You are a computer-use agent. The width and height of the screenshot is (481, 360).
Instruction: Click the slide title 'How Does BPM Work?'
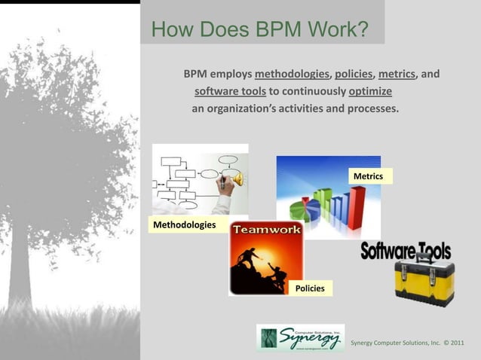(259, 29)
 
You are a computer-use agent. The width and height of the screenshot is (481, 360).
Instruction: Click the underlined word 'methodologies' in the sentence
(293, 75)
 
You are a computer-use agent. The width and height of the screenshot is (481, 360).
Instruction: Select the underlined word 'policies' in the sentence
(353, 75)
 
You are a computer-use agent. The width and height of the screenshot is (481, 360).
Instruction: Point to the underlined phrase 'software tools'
(230, 92)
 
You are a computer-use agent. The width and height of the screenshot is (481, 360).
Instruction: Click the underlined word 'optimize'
(370, 92)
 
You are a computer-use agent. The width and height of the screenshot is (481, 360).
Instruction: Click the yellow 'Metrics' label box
(368, 176)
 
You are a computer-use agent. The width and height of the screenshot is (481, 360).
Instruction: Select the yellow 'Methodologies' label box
(184, 225)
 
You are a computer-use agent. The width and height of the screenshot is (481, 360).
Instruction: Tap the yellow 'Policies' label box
(310, 288)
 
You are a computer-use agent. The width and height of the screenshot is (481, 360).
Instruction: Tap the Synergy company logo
(300, 338)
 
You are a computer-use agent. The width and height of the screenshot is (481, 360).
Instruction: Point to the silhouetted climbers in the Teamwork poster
(260, 267)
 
